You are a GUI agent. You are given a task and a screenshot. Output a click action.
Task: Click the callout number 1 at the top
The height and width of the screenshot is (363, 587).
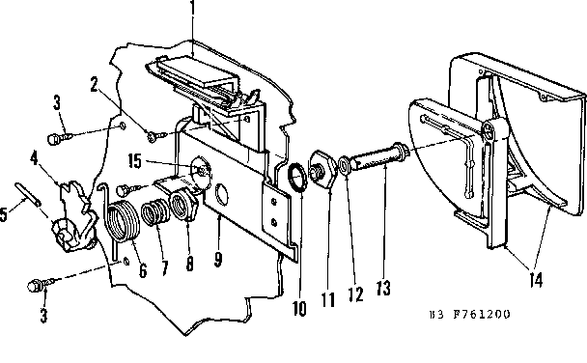(193, 14)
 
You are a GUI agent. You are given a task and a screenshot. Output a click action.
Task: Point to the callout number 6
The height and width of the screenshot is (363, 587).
(143, 271)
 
